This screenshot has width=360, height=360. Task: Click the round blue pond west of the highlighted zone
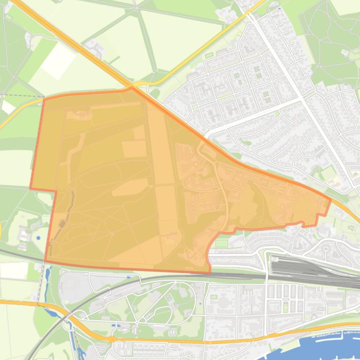[38, 238]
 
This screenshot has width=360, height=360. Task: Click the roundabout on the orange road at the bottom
[111, 338]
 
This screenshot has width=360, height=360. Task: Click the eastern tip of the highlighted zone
[331, 200]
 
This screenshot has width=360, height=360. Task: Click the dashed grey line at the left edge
[14, 95]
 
